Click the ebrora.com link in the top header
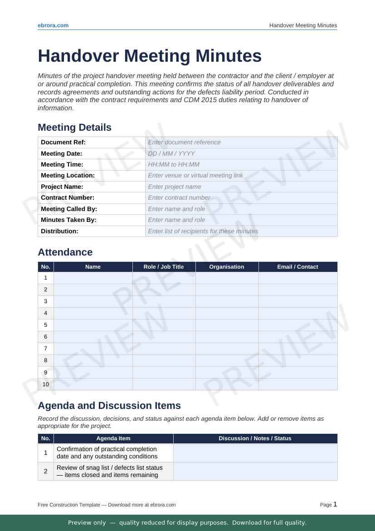53,25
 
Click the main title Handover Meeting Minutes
150,56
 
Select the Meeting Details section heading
74,128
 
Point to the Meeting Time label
62,164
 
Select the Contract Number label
68,198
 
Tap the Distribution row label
59,231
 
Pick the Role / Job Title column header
164,267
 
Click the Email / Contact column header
297,267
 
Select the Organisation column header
227,267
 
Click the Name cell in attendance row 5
93,325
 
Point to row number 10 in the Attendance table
45,384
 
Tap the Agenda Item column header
113,438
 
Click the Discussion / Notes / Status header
255,438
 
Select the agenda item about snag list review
109,471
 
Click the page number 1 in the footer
335,504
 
